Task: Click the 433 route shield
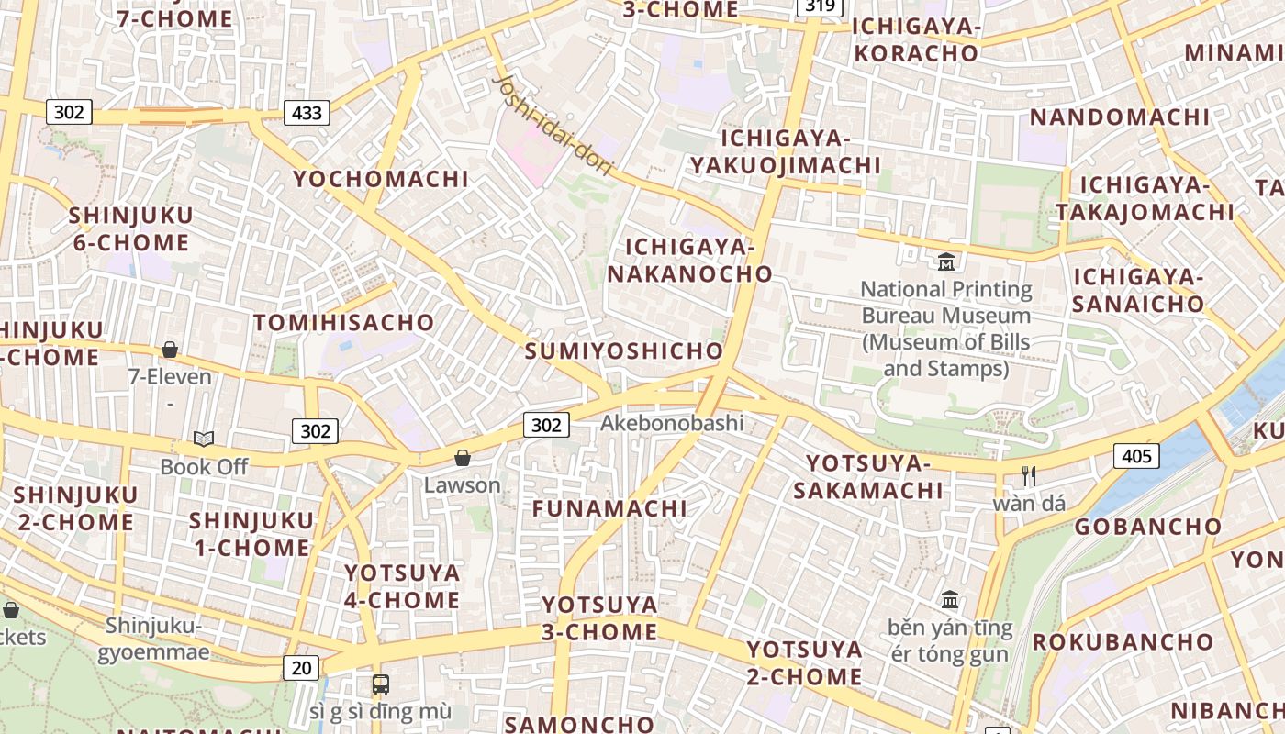(x=307, y=113)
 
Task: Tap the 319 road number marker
(x=820, y=6)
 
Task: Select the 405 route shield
(x=1136, y=455)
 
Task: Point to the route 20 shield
(x=301, y=668)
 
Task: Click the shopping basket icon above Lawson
(x=463, y=458)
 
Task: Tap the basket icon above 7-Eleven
(x=169, y=350)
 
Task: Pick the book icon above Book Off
(x=204, y=439)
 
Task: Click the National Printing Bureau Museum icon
(x=945, y=262)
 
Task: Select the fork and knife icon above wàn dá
(x=1028, y=476)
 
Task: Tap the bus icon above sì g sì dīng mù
(x=380, y=684)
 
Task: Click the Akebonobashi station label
(x=672, y=424)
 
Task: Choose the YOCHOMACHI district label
(x=381, y=179)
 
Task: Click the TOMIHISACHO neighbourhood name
(x=343, y=323)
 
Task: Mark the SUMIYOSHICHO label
(x=624, y=351)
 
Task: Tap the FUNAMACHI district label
(x=609, y=508)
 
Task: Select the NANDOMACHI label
(x=1119, y=117)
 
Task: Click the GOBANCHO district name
(x=1148, y=527)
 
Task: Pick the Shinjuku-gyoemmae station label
(x=153, y=639)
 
